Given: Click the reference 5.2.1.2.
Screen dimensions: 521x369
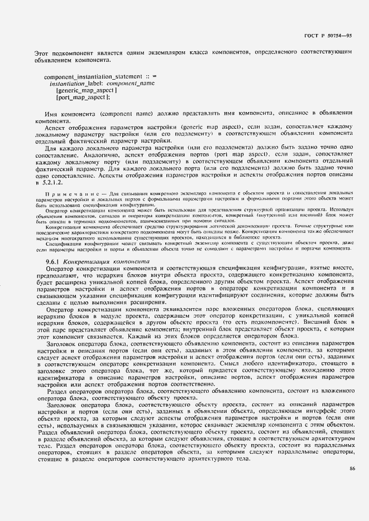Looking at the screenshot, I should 49,182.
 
